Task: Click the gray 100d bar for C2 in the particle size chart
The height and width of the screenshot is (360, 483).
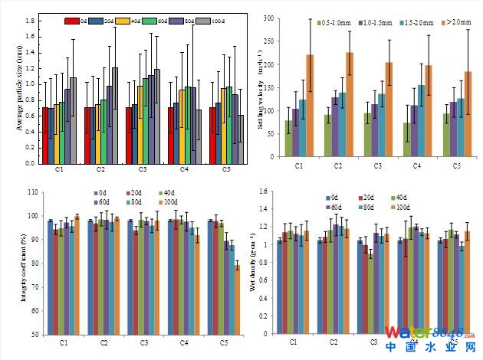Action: [x=115, y=116]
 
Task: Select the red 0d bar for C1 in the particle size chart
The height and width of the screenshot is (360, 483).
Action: [x=45, y=135]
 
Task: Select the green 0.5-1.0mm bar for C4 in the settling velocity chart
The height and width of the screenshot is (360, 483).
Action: [x=406, y=139]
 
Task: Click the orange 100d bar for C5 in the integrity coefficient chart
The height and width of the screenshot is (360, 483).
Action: [x=237, y=299]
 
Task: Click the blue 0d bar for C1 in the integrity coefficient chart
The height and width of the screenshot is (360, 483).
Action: [x=51, y=277]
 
